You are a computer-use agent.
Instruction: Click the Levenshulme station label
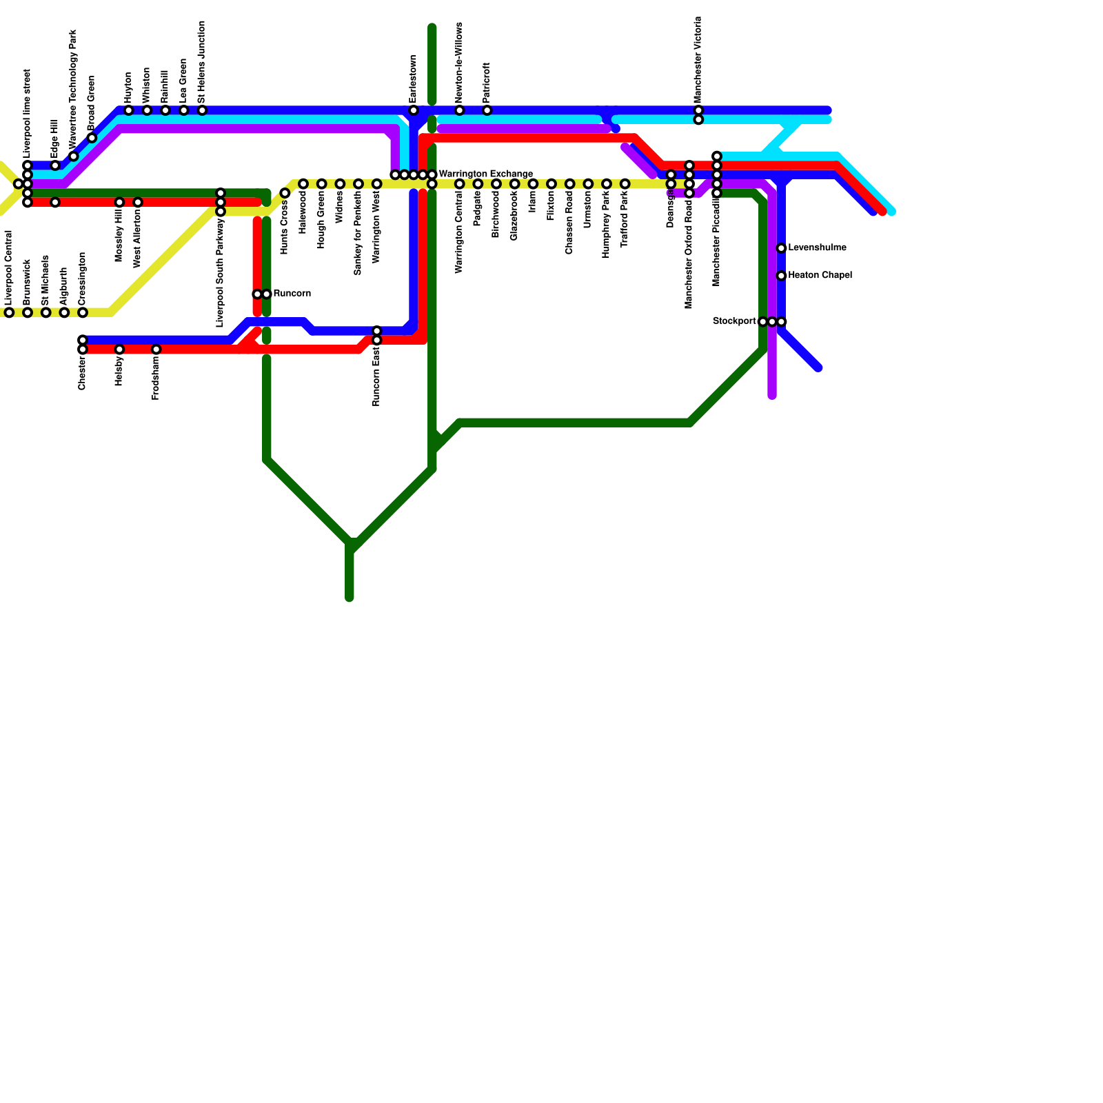pos(817,248)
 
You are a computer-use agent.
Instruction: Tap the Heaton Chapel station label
pos(820,276)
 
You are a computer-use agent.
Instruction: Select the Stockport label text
pos(734,321)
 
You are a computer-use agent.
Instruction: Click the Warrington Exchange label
pos(485,174)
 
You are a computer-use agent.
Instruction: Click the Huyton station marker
pos(129,110)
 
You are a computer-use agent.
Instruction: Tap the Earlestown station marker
pos(414,110)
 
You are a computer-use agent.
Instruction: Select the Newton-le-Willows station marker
pos(460,110)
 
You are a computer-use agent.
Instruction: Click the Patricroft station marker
pos(487,110)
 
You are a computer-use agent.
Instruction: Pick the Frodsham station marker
pos(156,350)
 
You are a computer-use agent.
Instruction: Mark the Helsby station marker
pos(119,350)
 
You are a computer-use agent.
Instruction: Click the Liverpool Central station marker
pos(9,313)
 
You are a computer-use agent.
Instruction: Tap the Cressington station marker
pos(83,313)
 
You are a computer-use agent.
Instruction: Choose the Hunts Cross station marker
pos(285,193)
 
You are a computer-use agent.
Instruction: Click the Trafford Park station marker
pos(625,184)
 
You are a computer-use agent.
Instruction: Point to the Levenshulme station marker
pos(781,248)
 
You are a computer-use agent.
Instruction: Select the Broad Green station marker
pos(92,138)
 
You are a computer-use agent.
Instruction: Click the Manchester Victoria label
pos(698,60)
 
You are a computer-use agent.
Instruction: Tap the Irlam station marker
pos(533,184)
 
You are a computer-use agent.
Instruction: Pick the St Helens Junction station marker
pos(202,110)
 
